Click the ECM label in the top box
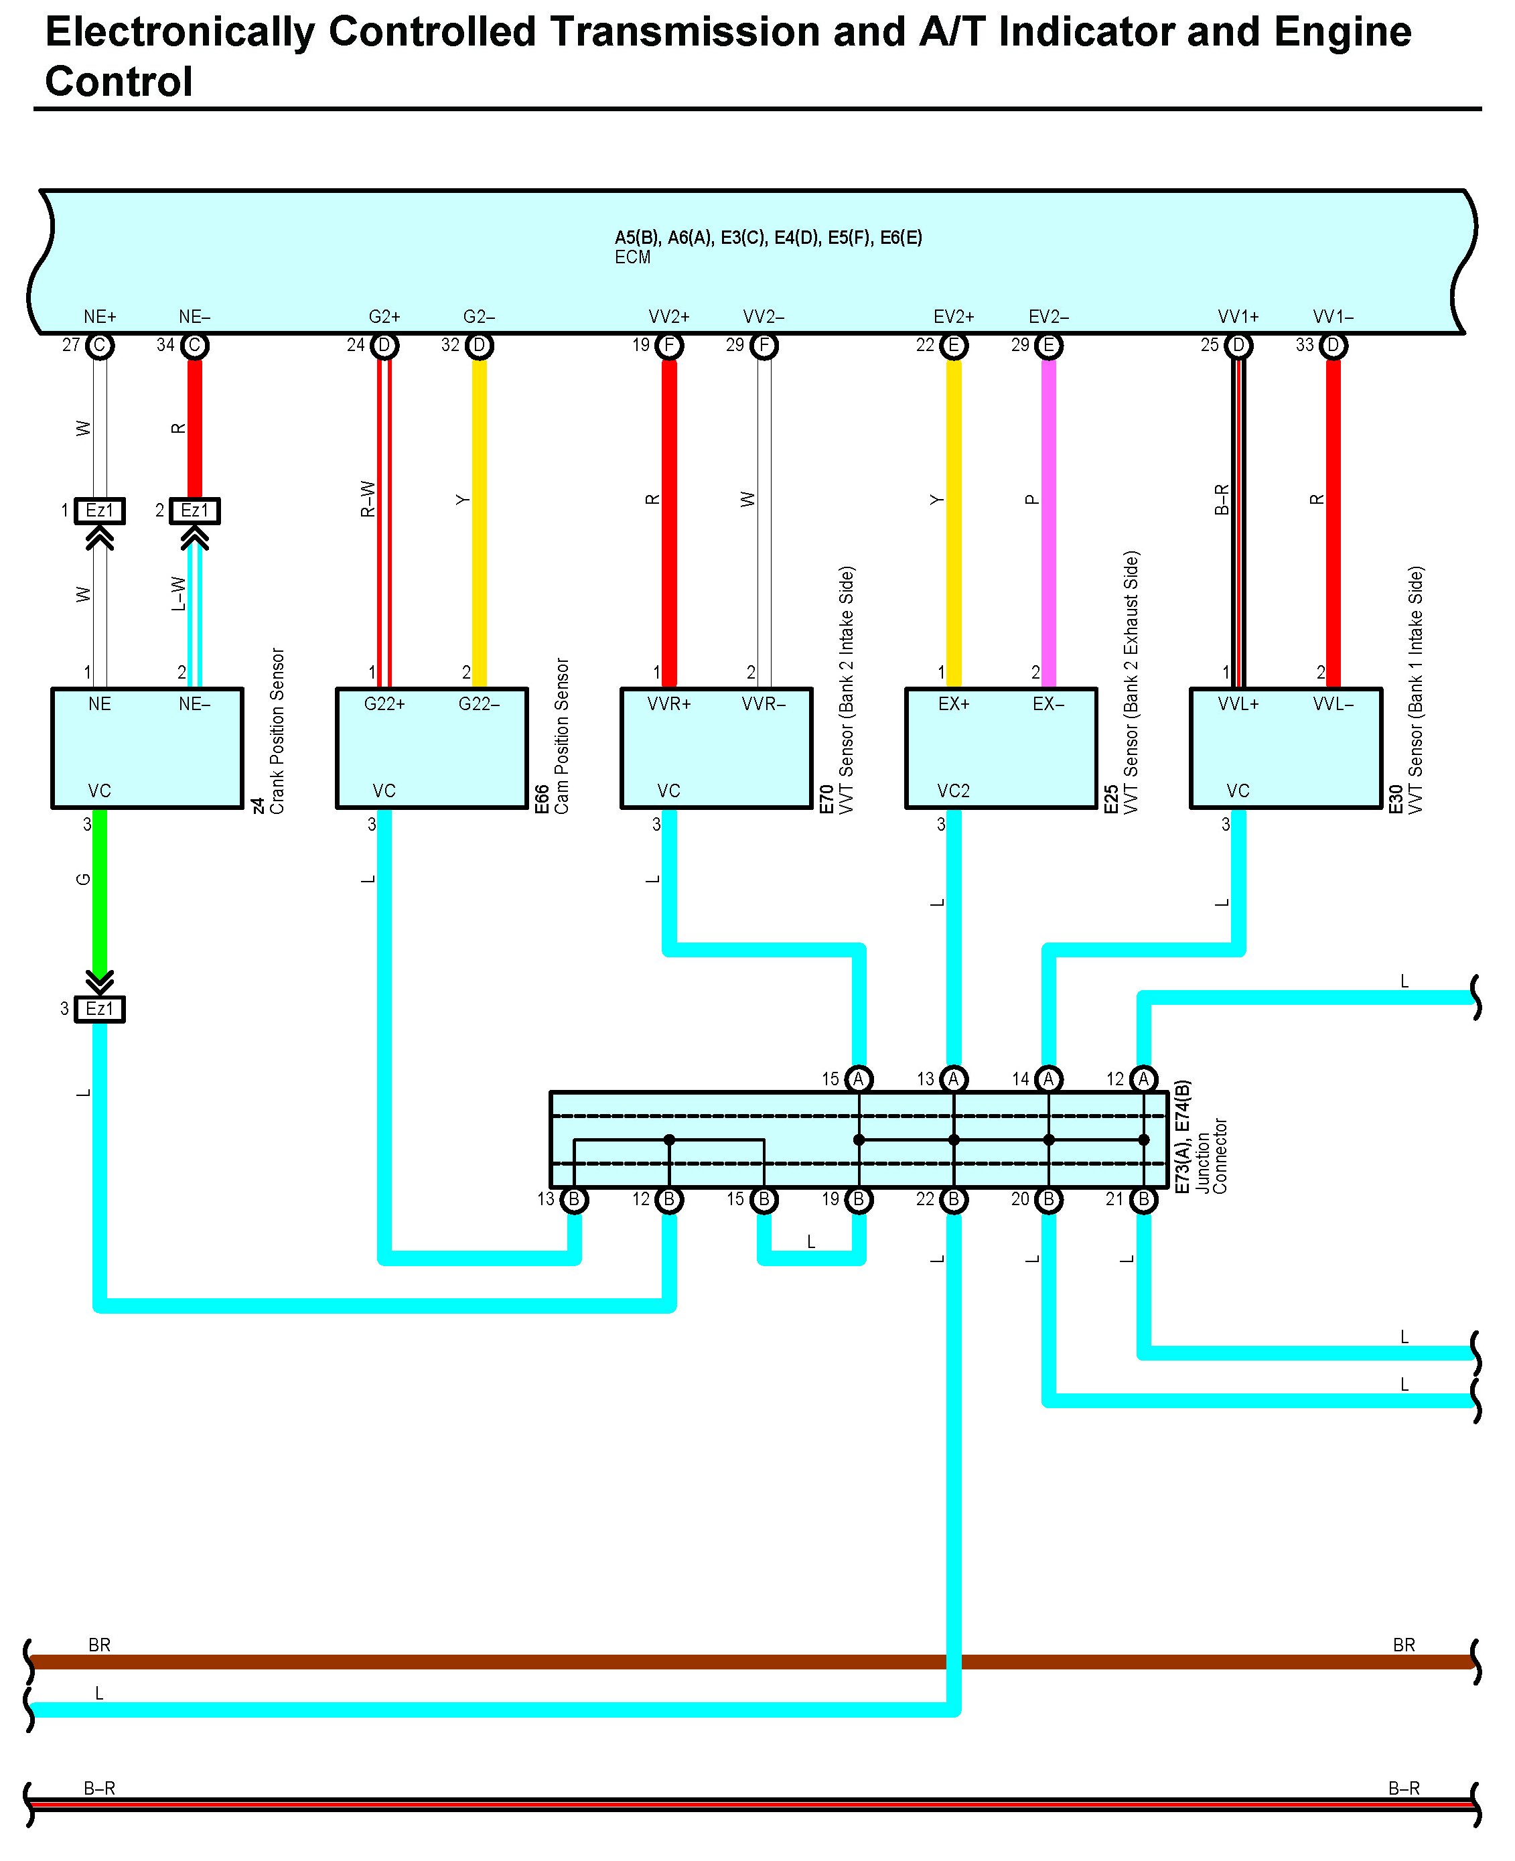coord(633,257)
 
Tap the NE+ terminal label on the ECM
coord(100,317)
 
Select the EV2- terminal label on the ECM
coord(1048,317)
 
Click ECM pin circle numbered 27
coord(100,346)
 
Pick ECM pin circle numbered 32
coord(479,346)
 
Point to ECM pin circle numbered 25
coord(1238,346)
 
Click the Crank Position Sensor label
coord(277,731)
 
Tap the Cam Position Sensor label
coord(562,736)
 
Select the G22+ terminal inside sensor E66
coord(384,703)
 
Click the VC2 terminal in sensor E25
coord(953,791)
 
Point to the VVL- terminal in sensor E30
coord(1333,703)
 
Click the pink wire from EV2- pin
coord(1048,524)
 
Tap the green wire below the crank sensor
coord(100,890)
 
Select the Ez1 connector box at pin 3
coord(100,1009)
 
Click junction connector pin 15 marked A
coord(859,1079)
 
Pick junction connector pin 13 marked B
coord(573,1199)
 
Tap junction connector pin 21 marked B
coord(1143,1199)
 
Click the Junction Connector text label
coord(1212,1156)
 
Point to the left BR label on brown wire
coord(100,1645)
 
